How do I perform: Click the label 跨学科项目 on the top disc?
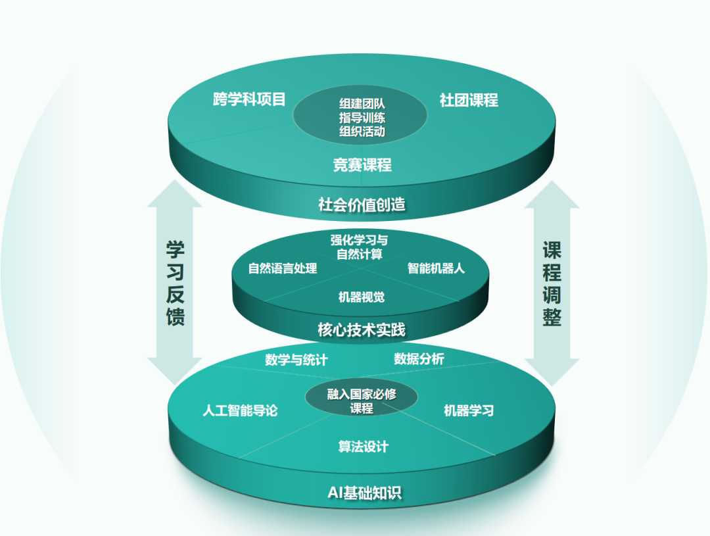250,100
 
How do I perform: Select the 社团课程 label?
469,100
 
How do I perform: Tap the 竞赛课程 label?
362,164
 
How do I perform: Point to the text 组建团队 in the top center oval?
362,104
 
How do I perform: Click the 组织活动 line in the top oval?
362,132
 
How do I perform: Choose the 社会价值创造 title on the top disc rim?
362,204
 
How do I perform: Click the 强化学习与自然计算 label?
359,247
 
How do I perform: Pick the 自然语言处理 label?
283,268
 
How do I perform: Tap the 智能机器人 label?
436,268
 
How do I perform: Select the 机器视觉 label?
362,297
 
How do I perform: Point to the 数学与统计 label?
296,360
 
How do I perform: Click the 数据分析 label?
419,358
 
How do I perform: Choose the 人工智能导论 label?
240,410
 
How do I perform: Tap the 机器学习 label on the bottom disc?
469,410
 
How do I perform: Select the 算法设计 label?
363,447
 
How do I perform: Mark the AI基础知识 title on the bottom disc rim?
364,493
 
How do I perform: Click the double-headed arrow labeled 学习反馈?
175,283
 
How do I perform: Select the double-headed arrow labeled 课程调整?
552,283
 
